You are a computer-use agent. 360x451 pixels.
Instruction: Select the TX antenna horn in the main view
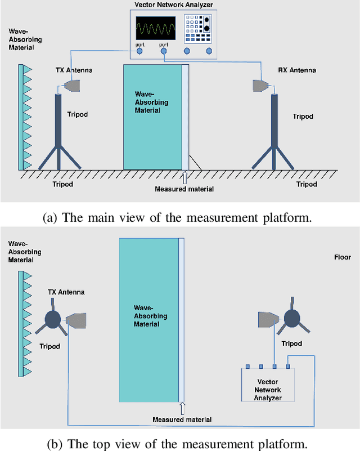pos(72,85)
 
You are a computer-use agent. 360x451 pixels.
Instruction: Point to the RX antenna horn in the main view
pos(259,84)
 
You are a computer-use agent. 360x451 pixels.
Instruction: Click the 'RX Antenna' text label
pos(296,70)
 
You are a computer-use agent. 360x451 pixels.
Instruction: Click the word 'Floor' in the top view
pos(343,257)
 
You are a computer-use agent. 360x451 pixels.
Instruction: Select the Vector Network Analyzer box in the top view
pos(268,385)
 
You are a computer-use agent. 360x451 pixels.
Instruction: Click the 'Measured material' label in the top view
pos(182,419)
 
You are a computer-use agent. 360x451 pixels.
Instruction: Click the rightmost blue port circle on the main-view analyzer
pos(209,51)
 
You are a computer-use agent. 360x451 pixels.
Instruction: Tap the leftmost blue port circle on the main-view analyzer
pos(139,51)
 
